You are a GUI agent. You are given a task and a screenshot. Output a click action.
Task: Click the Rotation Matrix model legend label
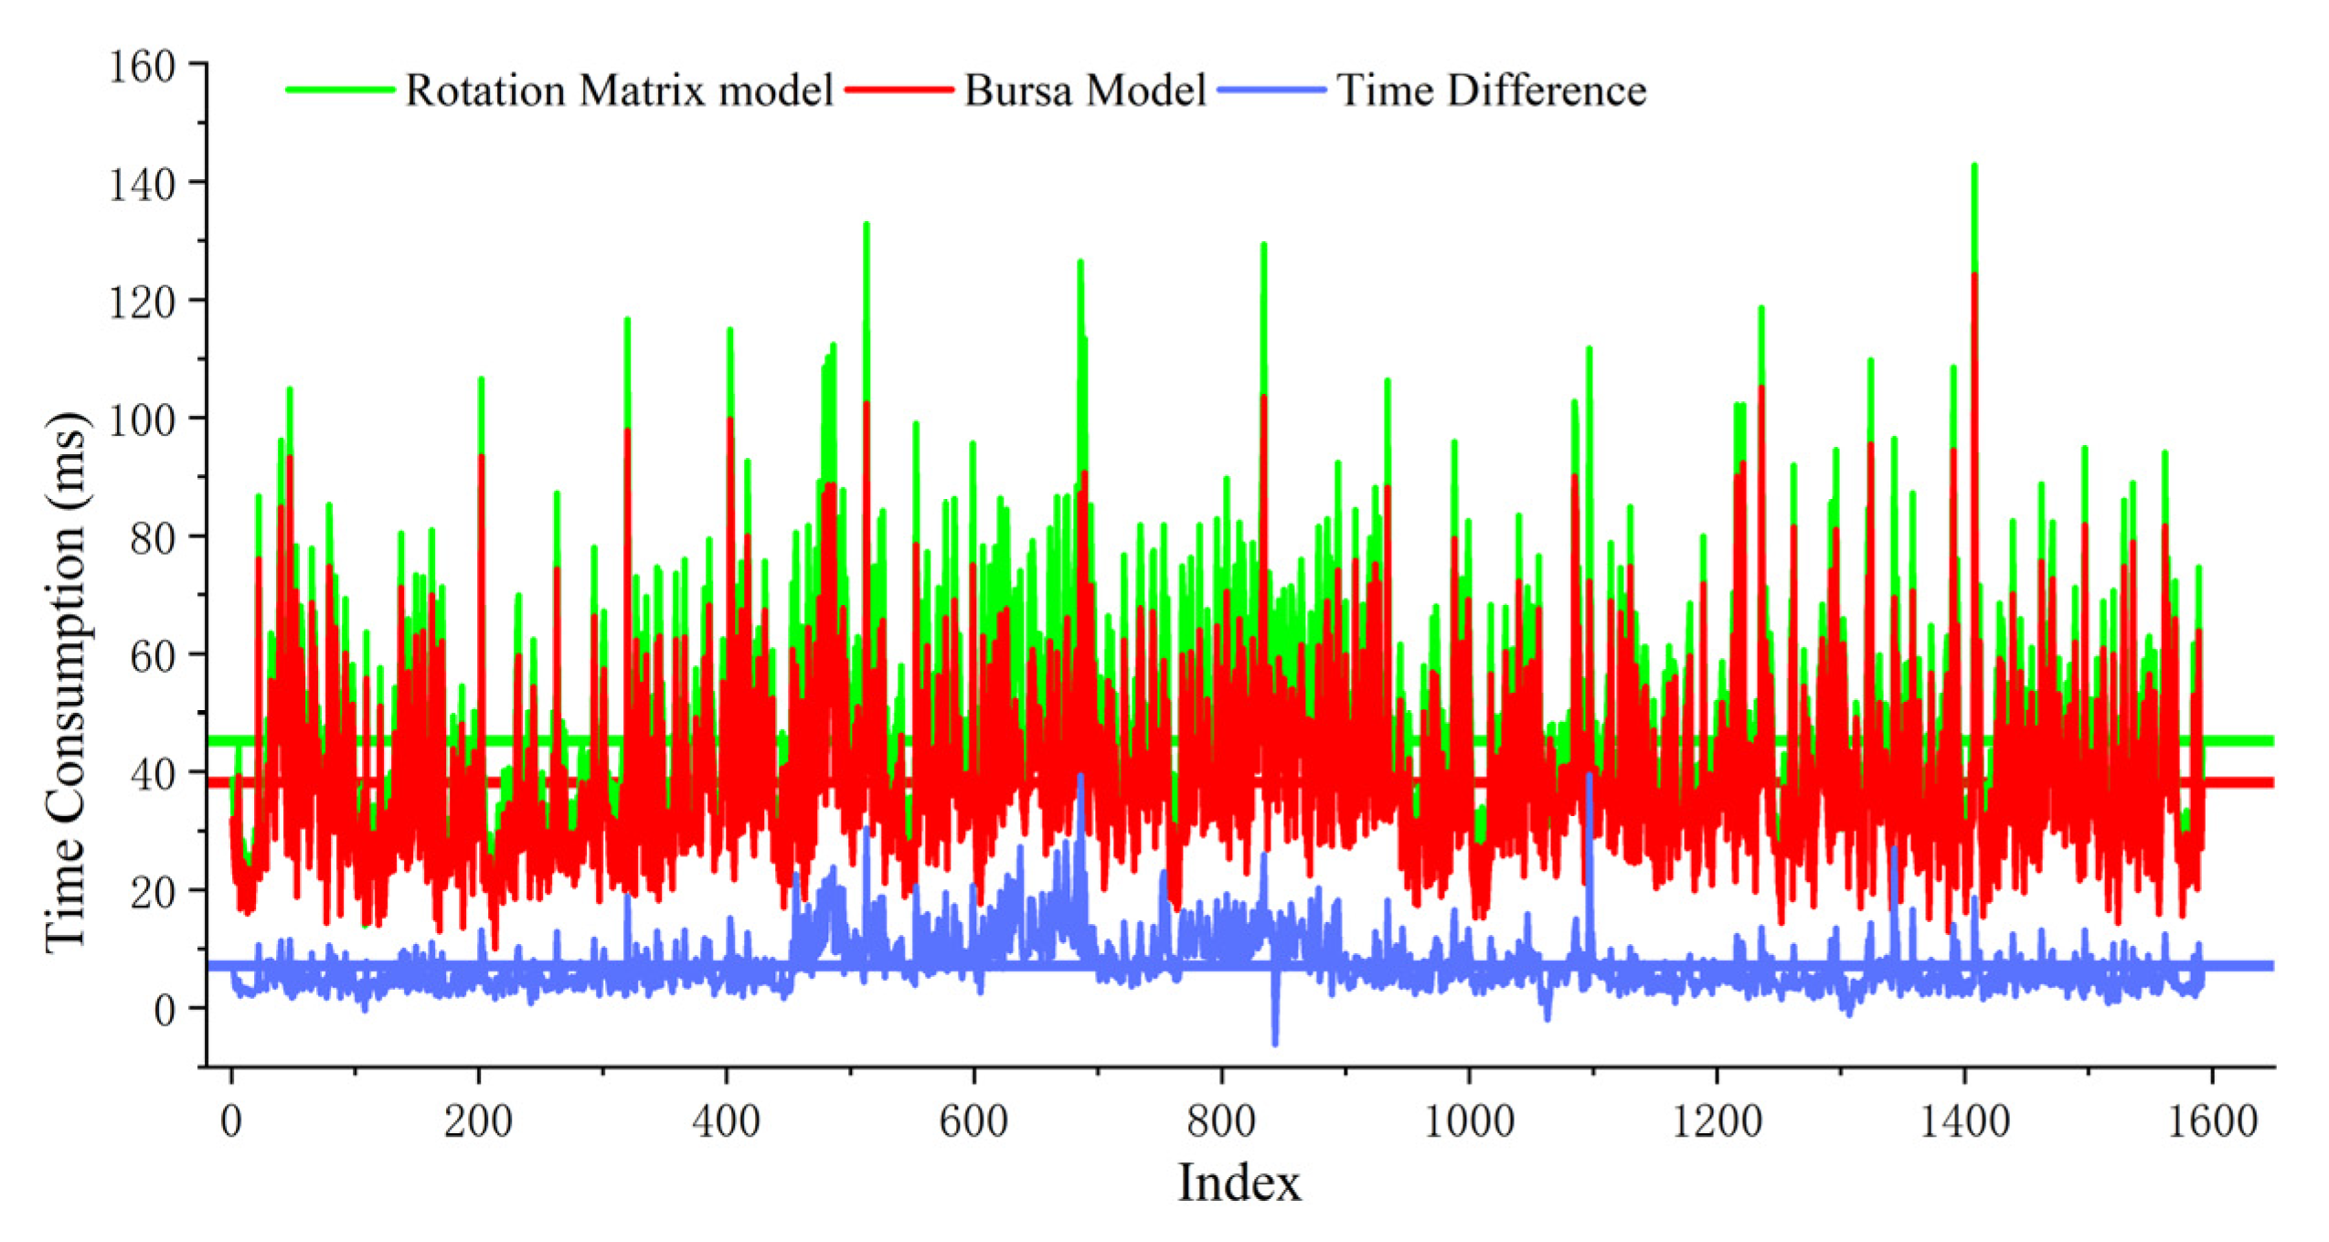[619, 90]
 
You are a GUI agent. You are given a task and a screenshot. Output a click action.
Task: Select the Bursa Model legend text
[1085, 90]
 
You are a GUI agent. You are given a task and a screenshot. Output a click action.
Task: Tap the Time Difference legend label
[1491, 90]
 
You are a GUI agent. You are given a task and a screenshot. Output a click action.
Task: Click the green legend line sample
[340, 90]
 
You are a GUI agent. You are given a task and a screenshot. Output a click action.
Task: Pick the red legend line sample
[899, 90]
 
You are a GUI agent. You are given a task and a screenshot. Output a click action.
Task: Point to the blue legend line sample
[1271, 90]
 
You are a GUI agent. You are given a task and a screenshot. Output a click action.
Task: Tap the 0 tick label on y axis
[165, 1011]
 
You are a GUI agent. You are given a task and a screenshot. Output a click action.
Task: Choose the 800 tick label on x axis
[1221, 1120]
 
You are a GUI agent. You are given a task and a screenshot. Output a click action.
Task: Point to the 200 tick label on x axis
[478, 1120]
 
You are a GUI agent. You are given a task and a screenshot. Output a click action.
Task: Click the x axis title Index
[1239, 1184]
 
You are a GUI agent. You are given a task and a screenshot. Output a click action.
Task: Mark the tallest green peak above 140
[1974, 167]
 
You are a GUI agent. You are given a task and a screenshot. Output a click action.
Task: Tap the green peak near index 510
[866, 226]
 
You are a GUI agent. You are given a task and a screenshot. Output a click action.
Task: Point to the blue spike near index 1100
[1590, 777]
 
